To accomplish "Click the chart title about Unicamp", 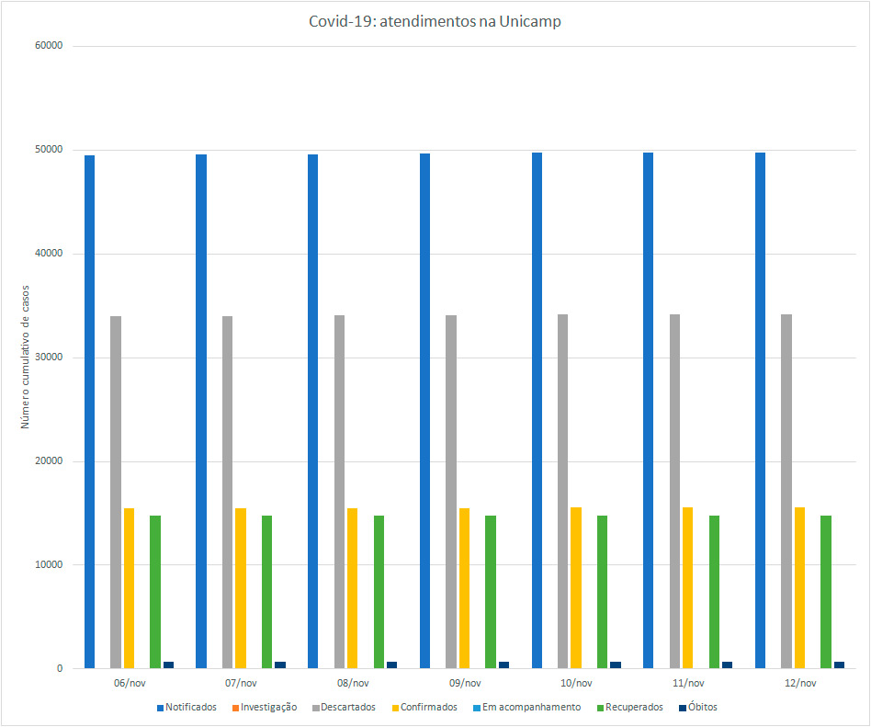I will coord(435,22).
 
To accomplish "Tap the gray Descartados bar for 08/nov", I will coord(339,492).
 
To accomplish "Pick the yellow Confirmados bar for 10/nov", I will coord(576,587).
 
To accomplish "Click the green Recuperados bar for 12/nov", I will coord(826,592).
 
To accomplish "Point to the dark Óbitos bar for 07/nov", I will coord(280,665).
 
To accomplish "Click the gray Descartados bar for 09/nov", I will coord(451,492).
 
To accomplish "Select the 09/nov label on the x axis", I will coord(465,683).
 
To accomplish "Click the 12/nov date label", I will coord(800,683).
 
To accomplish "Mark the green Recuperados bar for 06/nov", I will coord(155,592).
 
